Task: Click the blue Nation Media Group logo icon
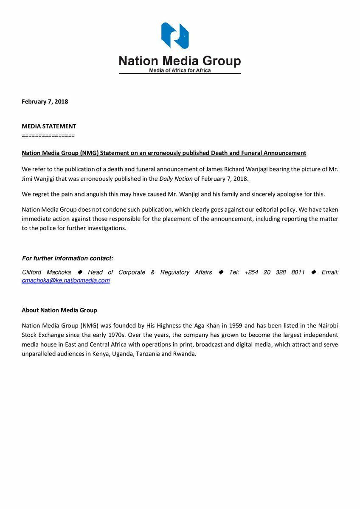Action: (x=175, y=36)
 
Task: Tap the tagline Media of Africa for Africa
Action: (x=180, y=70)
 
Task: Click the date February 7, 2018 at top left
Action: (x=45, y=101)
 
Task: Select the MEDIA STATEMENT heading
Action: (x=49, y=126)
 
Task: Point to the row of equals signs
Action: (x=48, y=135)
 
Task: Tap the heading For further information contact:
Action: (x=67, y=258)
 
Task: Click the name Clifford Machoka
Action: (x=47, y=272)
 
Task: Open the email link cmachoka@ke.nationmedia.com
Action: (x=66, y=281)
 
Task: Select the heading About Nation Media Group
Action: (x=59, y=310)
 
